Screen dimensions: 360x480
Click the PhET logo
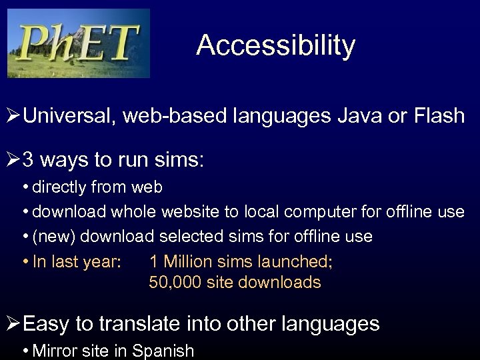point(79,43)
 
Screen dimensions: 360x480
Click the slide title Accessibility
point(275,45)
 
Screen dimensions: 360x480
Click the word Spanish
point(164,351)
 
